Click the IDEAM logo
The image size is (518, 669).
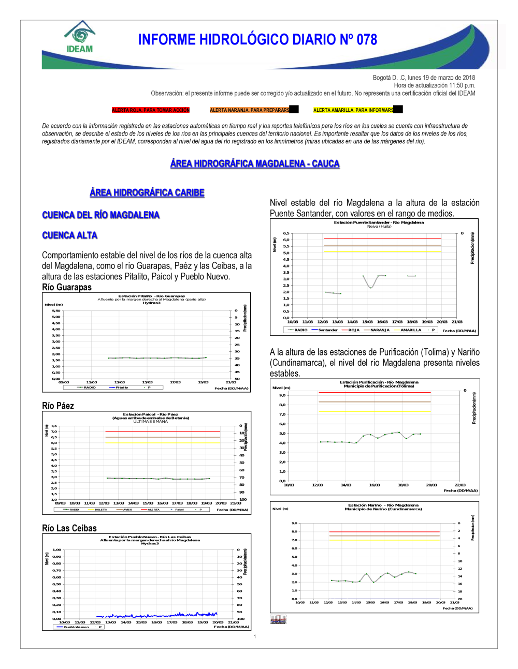coord(80,37)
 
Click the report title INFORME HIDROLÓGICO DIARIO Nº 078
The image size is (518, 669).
coord(257,40)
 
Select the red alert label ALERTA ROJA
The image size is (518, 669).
coord(151,110)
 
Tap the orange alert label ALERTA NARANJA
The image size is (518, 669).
coord(250,110)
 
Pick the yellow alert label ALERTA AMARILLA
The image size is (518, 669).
coord(353,110)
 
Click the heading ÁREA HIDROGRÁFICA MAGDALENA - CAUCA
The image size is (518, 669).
coord(255,163)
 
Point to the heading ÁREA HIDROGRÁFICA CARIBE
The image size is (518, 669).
coord(147,192)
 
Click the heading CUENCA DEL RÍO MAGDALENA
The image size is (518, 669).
coord(100,215)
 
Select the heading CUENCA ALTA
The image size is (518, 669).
coord(69,235)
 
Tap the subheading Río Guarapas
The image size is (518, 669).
coord(67,287)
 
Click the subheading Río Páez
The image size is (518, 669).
coord(58,406)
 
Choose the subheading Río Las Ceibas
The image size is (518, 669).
coord(69,528)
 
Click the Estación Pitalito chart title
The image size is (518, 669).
coord(151,296)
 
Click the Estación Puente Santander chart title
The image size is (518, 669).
coord(379,222)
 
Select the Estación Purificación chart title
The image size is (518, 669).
coord(379,382)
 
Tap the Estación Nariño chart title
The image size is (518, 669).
coord(383,506)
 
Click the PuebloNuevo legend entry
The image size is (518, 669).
coord(76,627)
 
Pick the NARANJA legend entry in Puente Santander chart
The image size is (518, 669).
coord(379,330)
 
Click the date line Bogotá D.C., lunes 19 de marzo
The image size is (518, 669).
coord(424,78)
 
